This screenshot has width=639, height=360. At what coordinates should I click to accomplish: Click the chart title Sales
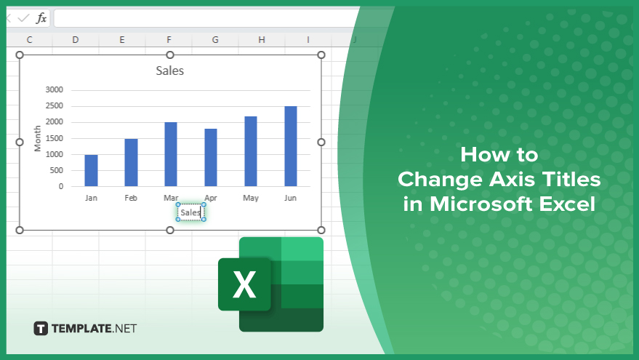[x=170, y=71]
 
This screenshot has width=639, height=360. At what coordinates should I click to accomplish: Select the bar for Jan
[x=92, y=170]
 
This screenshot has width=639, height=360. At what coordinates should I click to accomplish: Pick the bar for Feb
[x=132, y=163]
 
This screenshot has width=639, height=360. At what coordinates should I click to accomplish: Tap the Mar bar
[x=171, y=154]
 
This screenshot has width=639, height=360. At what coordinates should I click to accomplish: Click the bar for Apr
[x=211, y=157]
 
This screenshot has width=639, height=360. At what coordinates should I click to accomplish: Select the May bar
[x=251, y=151]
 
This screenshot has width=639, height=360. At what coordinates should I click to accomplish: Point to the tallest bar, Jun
[x=291, y=146]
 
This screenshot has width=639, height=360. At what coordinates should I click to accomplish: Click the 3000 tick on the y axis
[x=55, y=89]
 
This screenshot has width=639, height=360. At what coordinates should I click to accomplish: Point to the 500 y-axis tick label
[x=56, y=170]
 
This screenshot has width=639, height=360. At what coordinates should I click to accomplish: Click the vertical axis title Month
[x=38, y=139]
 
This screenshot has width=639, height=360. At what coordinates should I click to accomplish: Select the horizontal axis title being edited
[x=190, y=212]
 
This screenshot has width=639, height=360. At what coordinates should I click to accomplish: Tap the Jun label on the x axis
[x=290, y=198]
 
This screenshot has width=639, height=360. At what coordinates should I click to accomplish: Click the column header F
[x=169, y=39]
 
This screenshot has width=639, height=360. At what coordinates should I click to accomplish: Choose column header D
[x=76, y=39]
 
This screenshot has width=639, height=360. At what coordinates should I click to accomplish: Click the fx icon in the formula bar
[x=41, y=18]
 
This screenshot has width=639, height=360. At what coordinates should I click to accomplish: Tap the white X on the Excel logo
[x=244, y=284]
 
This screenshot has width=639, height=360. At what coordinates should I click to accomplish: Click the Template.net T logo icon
[x=41, y=329]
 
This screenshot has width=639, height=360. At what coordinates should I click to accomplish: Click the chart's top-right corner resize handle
[x=321, y=55]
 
